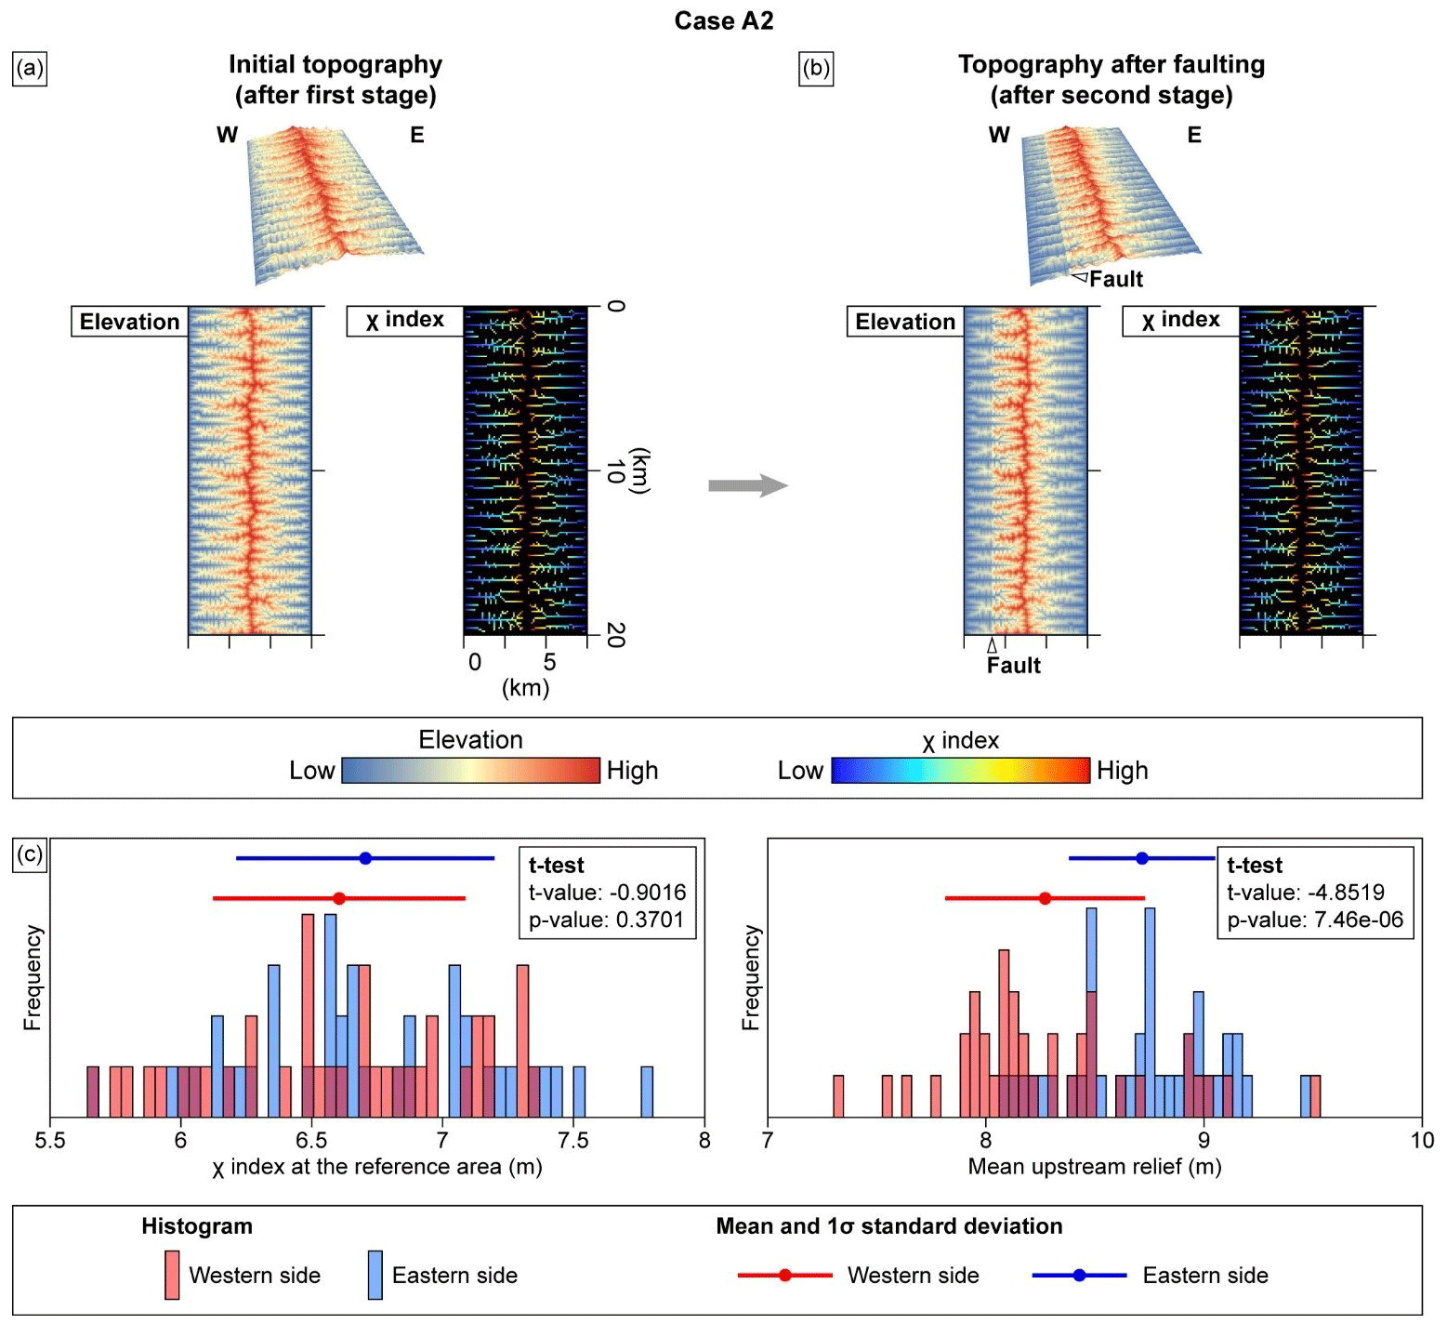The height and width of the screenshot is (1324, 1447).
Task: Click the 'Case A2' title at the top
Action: pos(723,20)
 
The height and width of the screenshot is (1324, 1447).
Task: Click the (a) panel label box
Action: pos(30,69)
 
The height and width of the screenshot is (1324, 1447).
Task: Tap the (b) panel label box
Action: pos(816,69)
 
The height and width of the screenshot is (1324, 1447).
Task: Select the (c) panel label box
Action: pos(30,854)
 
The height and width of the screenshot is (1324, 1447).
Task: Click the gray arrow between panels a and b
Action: pos(747,485)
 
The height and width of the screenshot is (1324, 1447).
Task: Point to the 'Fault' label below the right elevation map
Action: pos(1013,665)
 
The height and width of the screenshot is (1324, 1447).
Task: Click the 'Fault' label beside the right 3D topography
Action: pos(1115,279)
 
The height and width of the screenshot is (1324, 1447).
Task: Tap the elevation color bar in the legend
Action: pos(470,770)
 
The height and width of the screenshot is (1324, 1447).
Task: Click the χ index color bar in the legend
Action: pos(960,770)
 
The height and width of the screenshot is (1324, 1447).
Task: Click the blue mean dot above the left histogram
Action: pos(365,858)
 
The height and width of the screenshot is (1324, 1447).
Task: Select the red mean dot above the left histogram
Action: pos(339,898)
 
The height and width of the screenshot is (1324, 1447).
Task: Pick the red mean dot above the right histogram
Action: pos(1046,898)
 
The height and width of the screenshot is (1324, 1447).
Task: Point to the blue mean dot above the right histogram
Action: pos(1142,858)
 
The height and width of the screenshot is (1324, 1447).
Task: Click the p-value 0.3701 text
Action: pos(606,920)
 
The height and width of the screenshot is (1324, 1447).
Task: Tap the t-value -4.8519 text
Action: pos(1305,893)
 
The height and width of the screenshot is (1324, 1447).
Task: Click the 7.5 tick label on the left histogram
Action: pos(573,1140)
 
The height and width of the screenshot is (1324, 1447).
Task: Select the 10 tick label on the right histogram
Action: pos(1421,1140)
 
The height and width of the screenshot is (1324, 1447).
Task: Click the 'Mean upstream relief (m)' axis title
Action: pos(1094,1167)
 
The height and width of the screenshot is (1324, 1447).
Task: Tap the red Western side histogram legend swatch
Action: pos(172,1275)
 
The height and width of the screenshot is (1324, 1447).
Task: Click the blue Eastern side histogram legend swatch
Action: pos(375,1275)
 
